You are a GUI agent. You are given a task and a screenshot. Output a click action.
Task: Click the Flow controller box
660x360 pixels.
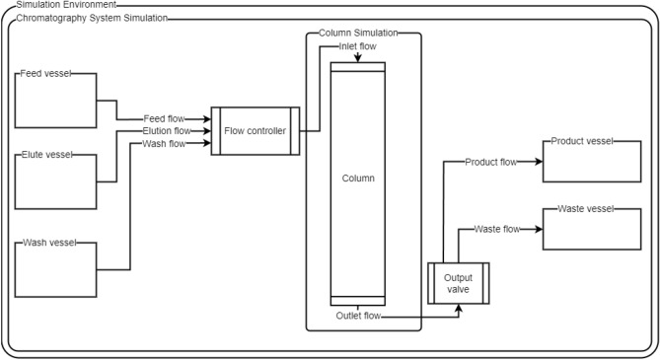[255, 130]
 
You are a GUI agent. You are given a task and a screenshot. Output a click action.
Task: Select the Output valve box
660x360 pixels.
[458, 283]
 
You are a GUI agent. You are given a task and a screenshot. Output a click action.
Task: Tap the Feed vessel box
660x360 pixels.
[57, 99]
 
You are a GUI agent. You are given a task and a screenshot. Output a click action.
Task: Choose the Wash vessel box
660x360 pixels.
[57, 269]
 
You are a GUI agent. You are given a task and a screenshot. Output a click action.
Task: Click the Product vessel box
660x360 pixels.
[583, 160]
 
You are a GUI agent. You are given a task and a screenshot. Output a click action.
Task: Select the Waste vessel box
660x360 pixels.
[583, 229]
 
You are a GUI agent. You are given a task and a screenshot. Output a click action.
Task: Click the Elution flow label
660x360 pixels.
[167, 130]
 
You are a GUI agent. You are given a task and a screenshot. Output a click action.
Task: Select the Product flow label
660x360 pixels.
[490, 162]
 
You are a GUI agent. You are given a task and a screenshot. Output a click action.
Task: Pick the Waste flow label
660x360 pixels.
[497, 229]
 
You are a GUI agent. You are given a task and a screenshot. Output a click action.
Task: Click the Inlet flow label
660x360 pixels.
[356, 45]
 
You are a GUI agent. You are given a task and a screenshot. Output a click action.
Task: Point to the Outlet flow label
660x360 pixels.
[356, 316]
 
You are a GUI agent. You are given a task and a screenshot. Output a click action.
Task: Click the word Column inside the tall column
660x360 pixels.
[356, 179]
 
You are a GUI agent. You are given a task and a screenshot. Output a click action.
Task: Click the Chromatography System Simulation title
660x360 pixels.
[91, 18]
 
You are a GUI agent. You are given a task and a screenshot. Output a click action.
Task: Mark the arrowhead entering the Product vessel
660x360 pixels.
[539, 162]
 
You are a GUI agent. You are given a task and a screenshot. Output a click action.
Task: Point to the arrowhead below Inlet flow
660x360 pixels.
[356, 58]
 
